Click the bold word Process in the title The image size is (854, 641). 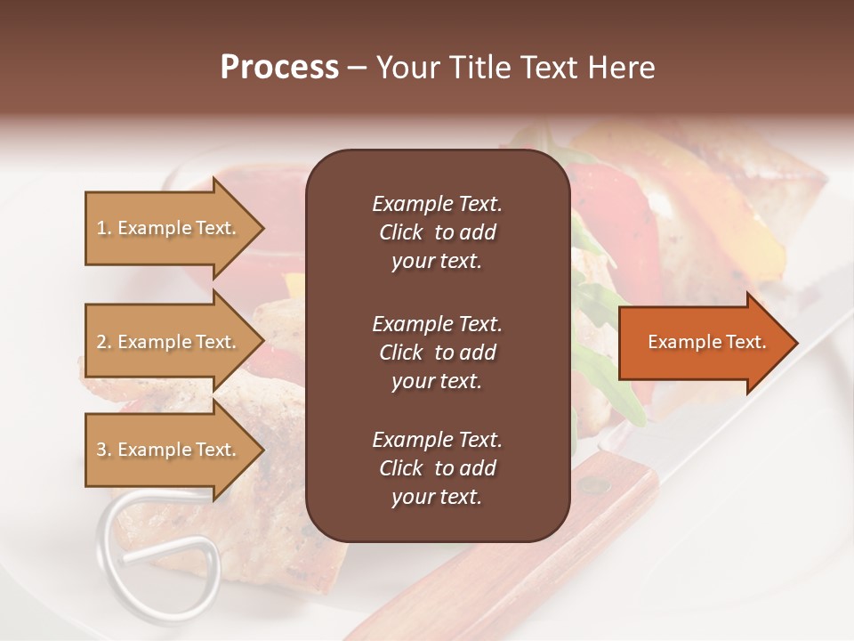(x=279, y=67)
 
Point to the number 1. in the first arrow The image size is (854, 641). (x=104, y=228)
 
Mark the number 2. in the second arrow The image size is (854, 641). (x=104, y=342)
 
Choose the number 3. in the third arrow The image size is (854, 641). (x=104, y=450)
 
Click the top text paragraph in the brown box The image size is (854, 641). (x=437, y=232)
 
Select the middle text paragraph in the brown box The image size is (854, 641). (x=437, y=352)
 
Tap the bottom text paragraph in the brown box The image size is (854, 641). (x=437, y=468)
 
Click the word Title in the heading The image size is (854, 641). (x=482, y=67)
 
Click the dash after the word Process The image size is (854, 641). (x=358, y=68)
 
